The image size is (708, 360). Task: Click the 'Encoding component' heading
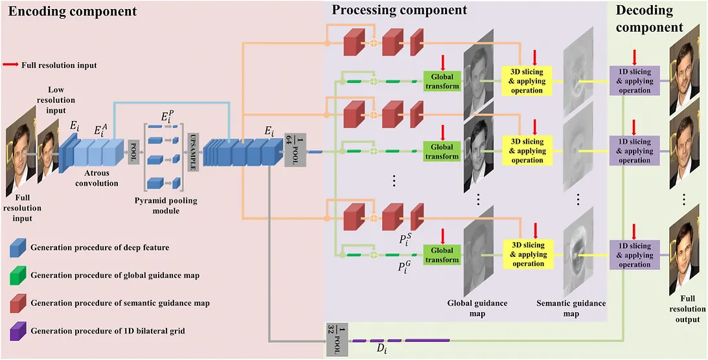[73, 12]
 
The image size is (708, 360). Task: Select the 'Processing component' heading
[399, 10]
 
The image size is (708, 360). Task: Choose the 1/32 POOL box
[336, 339]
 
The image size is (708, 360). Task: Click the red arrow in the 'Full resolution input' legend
[12, 65]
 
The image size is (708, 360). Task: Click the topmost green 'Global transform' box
[442, 81]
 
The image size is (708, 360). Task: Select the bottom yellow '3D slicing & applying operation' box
[528, 254]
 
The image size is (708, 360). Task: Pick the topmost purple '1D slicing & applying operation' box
[634, 81]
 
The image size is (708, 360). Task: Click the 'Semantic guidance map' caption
[571, 308]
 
